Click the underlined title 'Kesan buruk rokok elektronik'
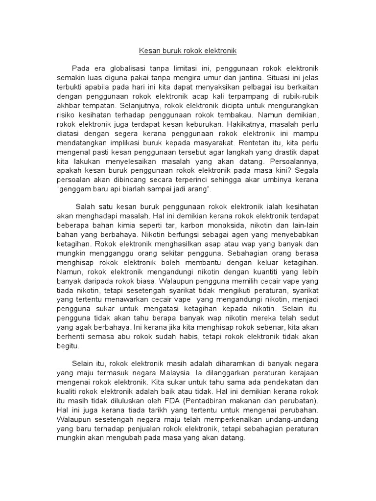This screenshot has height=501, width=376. (x=188, y=50)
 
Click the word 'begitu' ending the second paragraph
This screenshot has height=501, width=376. (x=69, y=346)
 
